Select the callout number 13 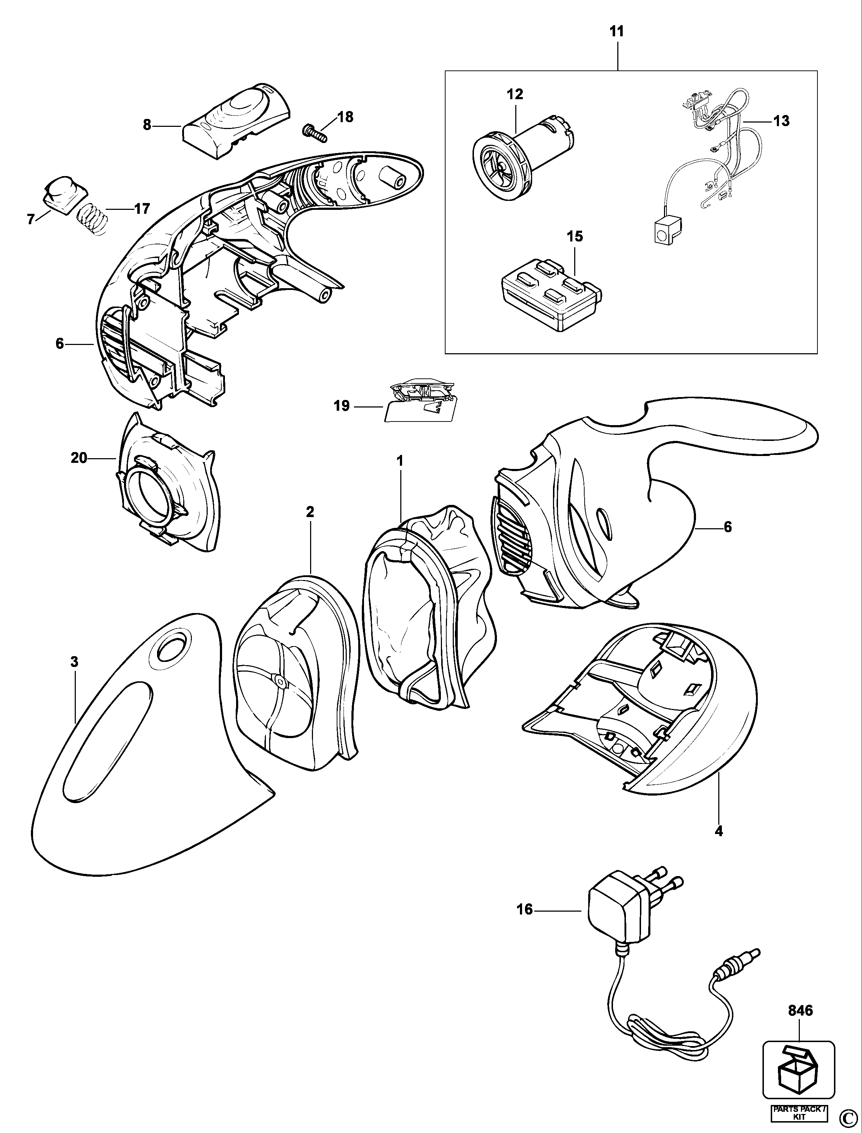pyautogui.click(x=782, y=121)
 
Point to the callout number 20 pyautogui.click(x=79, y=458)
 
